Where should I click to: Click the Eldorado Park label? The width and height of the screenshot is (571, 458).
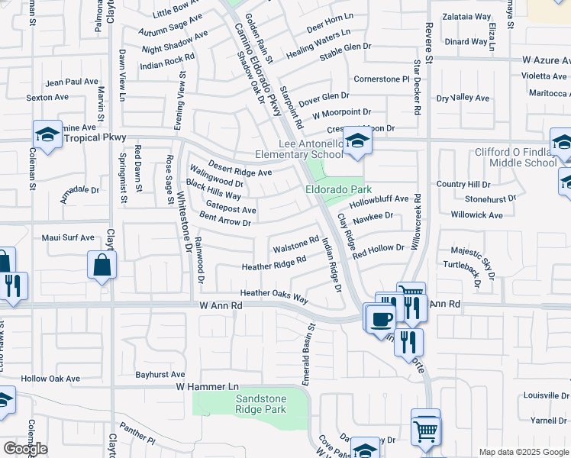pos(338,189)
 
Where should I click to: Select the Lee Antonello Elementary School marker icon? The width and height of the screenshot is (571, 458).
pos(356,140)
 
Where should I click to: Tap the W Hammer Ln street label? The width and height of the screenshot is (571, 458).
pos(208,387)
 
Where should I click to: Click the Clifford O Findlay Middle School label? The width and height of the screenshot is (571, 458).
pos(515,157)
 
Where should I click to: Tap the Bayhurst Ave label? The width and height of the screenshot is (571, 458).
pos(160,375)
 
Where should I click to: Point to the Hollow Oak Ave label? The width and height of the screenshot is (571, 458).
pos(50,379)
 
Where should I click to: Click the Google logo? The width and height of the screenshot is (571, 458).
pos(25,449)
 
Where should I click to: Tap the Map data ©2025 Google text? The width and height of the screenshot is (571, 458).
pos(523,452)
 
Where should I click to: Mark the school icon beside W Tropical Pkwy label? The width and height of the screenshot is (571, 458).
pos(47,135)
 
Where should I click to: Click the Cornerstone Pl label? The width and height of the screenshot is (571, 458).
pos(382,79)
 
